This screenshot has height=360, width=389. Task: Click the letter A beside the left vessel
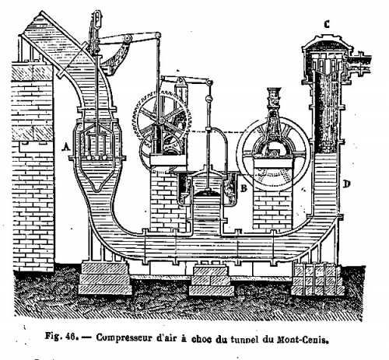pyautogui.click(x=67, y=147)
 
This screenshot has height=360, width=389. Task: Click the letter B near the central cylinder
pyautogui.click(x=244, y=188)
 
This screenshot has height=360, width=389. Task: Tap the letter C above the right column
pyautogui.click(x=327, y=24)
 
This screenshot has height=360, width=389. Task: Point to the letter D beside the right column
pyautogui.click(x=347, y=184)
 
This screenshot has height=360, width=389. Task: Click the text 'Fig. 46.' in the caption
pyautogui.click(x=61, y=337)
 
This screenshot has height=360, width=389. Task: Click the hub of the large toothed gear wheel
pyautogui.click(x=162, y=120)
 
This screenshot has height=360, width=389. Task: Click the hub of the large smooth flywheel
pyautogui.click(x=274, y=153)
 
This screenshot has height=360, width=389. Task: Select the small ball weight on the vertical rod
pyautogui.click(x=208, y=99)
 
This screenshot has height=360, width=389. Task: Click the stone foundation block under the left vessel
pyautogui.click(x=104, y=278)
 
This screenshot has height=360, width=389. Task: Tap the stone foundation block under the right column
pyautogui.click(x=317, y=281)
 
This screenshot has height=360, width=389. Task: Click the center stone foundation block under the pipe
pyautogui.click(x=211, y=281)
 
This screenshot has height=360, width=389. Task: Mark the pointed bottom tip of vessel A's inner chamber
pyautogui.click(x=96, y=190)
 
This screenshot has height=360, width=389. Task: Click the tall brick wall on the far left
pyautogui.click(x=32, y=166)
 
